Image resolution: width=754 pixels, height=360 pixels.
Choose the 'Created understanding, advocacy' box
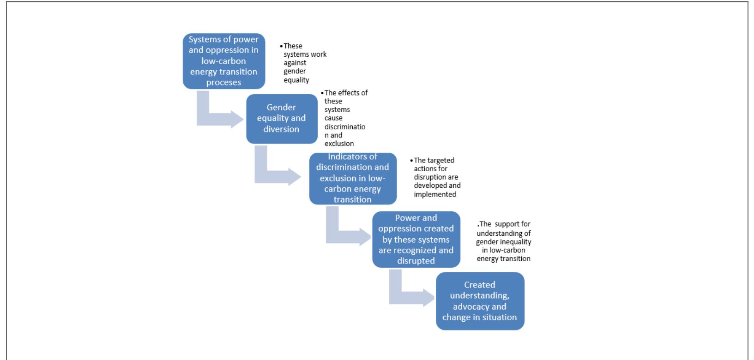pyautogui.click(x=480, y=301)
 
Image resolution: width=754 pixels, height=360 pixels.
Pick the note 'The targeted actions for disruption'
pyautogui.click(x=436, y=177)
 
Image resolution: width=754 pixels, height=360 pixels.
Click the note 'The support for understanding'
pyautogui.click(x=504, y=241)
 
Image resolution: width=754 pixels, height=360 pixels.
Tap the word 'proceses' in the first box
pyautogui.click(x=224, y=83)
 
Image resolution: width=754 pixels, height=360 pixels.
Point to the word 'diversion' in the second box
pyautogui.click(x=281, y=129)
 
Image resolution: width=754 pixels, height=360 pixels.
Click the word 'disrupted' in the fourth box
pyautogui.click(x=416, y=261)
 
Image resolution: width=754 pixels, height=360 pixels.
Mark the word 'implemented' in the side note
pyautogui.click(x=435, y=194)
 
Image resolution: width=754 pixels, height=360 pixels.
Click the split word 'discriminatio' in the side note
pyautogui.click(x=345, y=126)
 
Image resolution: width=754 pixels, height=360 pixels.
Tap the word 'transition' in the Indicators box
pyautogui.click(x=353, y=199)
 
